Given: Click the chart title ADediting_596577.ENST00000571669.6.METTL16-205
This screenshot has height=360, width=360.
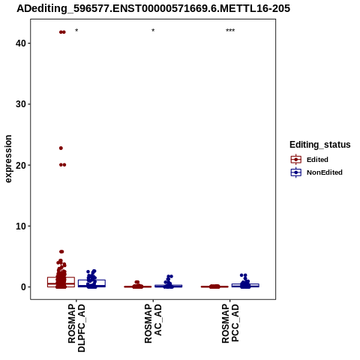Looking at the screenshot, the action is [x=153, y=8].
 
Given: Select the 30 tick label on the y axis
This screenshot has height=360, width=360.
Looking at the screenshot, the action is [x=21, y=104].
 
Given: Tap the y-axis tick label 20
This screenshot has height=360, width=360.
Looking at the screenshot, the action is [x=21, y=165].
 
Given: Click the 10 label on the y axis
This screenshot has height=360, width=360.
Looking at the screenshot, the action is [x=21, y=226].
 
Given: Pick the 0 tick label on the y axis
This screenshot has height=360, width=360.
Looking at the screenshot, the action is [x=23, y=286].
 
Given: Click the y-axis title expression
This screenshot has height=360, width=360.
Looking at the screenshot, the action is [x=8, y=159].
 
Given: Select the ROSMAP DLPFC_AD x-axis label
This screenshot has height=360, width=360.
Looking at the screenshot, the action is [x=76, y=328].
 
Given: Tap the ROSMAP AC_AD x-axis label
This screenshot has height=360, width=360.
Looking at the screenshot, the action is [x=153, y=323].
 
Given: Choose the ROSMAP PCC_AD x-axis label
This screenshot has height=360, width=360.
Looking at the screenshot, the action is [x=230, y=323].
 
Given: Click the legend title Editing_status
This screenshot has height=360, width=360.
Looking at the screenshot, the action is [x=320, y=145].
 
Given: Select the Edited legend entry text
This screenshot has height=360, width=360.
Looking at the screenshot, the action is [x=317, y=160].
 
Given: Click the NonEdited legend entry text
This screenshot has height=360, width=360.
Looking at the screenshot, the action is [x=325, y=172].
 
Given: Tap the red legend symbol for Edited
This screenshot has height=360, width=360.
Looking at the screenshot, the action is [x=296, y=160].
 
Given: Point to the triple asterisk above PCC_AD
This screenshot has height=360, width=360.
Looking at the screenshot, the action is [x=230, y=31].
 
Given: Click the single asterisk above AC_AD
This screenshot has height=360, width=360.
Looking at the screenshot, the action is [x=153, y=31].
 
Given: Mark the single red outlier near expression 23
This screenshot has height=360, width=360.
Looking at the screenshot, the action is [x=61, y=148].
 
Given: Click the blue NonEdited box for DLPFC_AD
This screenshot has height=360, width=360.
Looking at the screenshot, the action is [x=91, y=283].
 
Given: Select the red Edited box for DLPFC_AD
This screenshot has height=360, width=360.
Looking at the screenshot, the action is [x=61, y=282].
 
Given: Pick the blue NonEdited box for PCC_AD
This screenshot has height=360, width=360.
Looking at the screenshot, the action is [x=245, y=285].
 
